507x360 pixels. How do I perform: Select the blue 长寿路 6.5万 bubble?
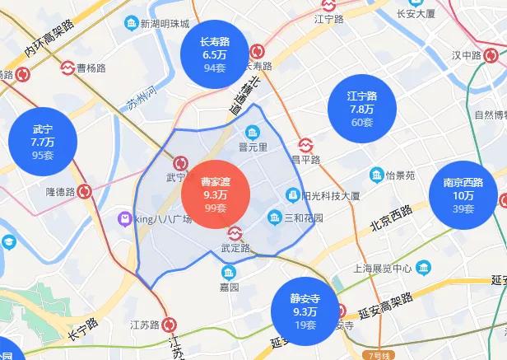(214, 54)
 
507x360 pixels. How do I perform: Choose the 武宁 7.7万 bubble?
(42, 141)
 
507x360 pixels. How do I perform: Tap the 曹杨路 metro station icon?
(67, 69)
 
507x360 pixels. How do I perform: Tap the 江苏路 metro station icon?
(169, 324)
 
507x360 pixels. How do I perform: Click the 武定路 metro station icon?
(234, 232)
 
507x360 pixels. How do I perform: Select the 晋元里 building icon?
(253, 132)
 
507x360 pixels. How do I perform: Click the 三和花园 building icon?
(275, 217)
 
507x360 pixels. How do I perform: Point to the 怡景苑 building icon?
(377, 175)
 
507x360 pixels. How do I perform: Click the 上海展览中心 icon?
(423, 268)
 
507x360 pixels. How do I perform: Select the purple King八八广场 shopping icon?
(123, 218)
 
